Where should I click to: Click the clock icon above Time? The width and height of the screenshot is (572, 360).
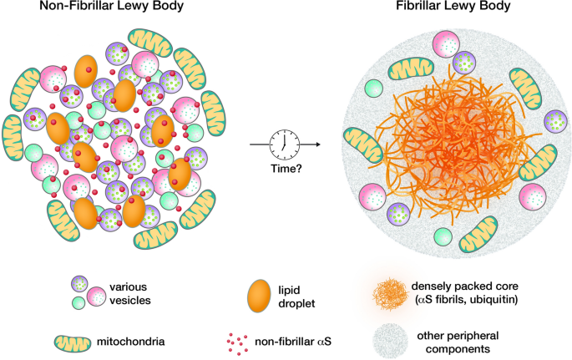285,144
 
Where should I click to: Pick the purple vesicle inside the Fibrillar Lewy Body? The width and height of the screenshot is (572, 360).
555,122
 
